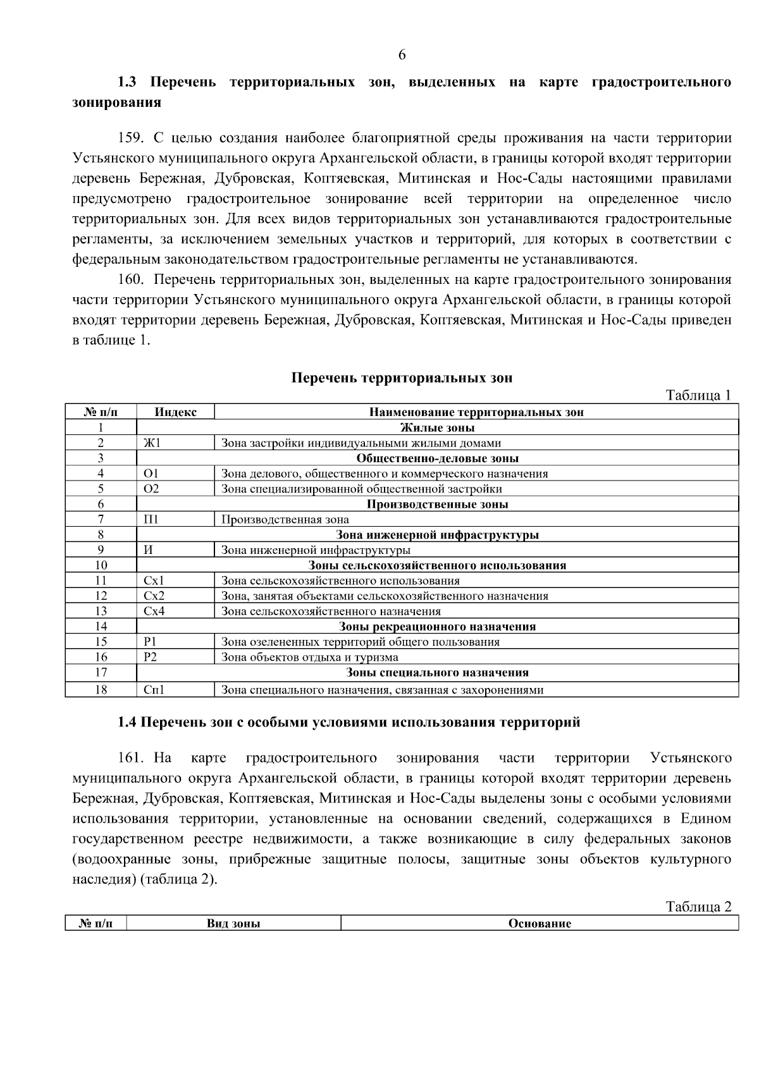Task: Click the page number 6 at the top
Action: click(x=402, y=55)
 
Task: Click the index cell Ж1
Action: click(x=152, y=443)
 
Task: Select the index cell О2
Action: click(x=152, y=489)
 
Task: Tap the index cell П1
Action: click(x=152, y=520)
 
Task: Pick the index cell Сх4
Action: click(x=154, y=611)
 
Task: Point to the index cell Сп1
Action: click(x=154, y=690)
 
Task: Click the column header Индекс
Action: click(x=175, y=412)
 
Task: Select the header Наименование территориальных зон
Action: click(x=476, y=412)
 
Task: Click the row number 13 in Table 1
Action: click(x=101, y=611)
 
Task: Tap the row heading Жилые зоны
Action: click(x=438, y=428)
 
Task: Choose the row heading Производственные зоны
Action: click(x=438, y=505)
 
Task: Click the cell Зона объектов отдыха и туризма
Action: click(x=309, y=658)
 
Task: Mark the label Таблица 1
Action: click(x=698, y=396)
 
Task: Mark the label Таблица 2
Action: click(x=698, y=907)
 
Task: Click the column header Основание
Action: click(x=540, y=924)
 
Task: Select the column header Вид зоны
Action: click(x=233, y=924)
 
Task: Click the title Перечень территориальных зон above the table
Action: click(x=402, y=378)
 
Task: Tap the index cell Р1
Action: click(x=150, y=642)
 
